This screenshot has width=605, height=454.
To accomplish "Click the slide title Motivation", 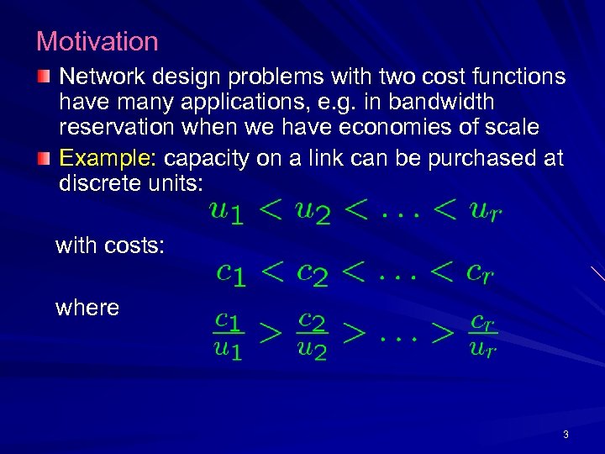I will [97, 41].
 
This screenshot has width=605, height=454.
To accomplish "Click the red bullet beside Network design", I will [44, 77].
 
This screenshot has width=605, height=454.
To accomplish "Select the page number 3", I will [566, 435].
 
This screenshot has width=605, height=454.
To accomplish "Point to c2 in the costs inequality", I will [313, 272].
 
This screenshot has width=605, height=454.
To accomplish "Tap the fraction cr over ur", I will [482, 334].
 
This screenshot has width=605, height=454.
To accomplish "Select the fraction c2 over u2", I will [312, 334].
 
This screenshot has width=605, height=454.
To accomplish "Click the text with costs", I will [109, 245].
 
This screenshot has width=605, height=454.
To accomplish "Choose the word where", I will [87, 308].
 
